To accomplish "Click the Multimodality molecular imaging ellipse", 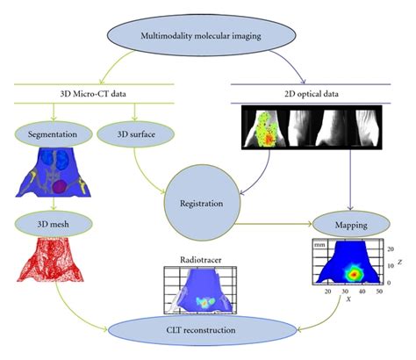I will click(x=207, y=35).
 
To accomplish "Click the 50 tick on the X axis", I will click(x=379, y=291).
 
